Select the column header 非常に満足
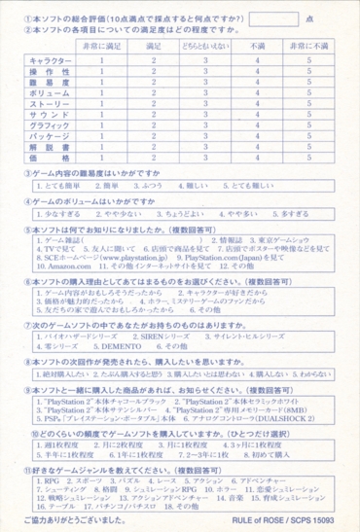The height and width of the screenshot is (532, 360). click(98, 45)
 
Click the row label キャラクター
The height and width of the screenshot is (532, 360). click(38, 60)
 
